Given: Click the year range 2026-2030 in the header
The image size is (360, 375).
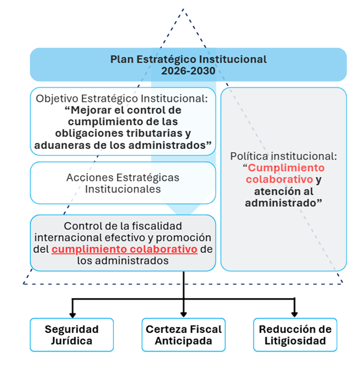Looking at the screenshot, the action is (x=188, y=71).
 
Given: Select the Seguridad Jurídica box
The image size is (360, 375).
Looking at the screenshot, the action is (x=72, y=335).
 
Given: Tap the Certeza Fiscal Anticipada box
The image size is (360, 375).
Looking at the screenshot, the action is (x=184, y=335).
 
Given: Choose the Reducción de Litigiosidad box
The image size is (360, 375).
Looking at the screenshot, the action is (x=295, y=335).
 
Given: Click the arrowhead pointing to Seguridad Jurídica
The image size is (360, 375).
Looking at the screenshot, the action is (x=72, y=315).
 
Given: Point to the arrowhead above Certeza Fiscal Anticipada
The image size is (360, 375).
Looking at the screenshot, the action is (x=184, y=314).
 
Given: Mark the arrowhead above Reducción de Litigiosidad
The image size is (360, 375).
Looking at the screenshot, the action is (x=294, y=314).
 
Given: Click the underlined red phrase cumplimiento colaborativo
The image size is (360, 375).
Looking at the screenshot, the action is (x=124, y=249).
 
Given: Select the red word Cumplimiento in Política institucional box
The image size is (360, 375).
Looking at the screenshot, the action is (x=286, y=168).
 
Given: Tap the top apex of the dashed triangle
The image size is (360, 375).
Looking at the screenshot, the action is (x=184, y=9).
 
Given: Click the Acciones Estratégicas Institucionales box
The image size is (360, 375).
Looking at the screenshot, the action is (x=123, y=183).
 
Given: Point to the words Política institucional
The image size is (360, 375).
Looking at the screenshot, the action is (x=283, y=156).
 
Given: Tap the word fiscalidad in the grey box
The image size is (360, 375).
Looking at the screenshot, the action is (x=157, y=226).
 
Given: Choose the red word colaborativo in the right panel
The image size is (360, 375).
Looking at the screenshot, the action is (x=279, y=179).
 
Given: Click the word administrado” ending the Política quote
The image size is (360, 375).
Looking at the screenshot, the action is (x=283, y=203).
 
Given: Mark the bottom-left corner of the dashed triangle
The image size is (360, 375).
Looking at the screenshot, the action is (x=24, y=284).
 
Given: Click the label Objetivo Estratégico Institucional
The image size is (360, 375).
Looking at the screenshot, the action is (x=121, y=99).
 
